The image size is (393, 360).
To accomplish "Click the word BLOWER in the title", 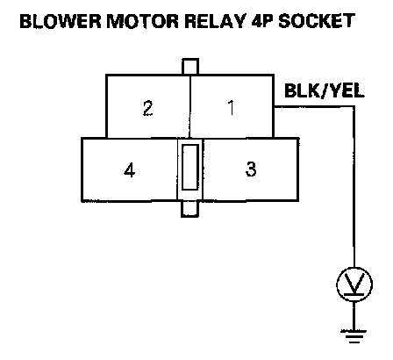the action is (x=60, y=21).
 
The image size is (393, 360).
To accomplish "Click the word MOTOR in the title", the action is (x=142, y=21).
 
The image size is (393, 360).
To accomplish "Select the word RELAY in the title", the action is (x=215, y=21).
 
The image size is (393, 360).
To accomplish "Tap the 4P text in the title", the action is (x=261, y=21).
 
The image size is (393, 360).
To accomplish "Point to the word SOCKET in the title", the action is (x=317, y=21).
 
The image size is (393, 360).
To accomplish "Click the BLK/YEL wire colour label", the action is (x=325, y=90).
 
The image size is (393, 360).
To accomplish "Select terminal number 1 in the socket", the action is (x=231, y=107).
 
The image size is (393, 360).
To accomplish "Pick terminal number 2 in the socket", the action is (x=147, y=108).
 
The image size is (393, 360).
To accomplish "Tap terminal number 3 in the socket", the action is (x=251, y=169).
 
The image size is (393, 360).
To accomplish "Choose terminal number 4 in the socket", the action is (x=130, y=169).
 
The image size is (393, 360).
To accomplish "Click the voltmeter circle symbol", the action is (x=354, y=284).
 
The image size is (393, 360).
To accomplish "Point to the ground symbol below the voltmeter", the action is (x=354, y=336).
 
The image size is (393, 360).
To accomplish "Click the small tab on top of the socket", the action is (x=190, y=67).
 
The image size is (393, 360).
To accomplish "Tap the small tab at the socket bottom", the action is (x=189, y=209).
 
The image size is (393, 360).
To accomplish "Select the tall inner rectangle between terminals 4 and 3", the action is (x=190, y=168).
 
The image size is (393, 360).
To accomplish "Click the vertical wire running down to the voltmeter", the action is (x=354, y=187).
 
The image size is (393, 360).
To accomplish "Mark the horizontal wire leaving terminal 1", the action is (x=314, y=107).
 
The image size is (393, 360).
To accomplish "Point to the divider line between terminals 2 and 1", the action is (x=190, y=106).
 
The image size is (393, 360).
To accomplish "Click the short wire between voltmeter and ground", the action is (x=354, y=316).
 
